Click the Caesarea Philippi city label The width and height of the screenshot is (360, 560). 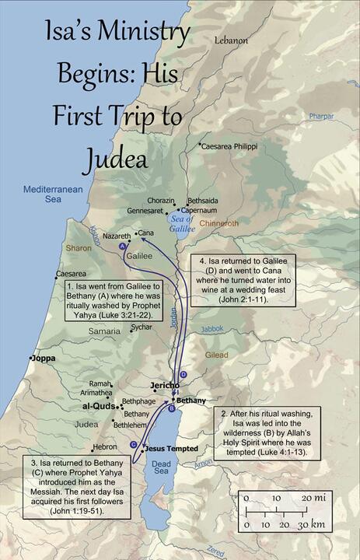236,145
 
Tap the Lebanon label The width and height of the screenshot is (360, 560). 231,40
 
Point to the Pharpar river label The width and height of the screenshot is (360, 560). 320,116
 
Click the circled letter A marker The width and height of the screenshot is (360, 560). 122,247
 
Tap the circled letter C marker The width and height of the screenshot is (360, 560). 134,444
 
